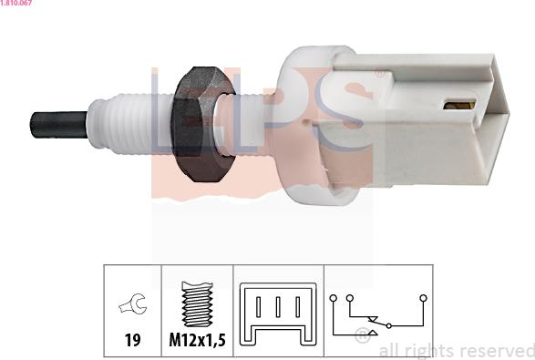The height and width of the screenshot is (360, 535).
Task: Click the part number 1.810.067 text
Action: [x=16, y=3]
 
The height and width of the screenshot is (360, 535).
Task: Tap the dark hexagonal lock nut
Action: [x=202, y=124]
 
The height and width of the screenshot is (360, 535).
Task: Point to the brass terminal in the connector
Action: [x=459, y=105]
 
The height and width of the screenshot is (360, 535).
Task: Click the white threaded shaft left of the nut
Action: [x=129, y=125]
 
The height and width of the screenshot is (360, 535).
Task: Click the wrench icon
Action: [x=133, y=303]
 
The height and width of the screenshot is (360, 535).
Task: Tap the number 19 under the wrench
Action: [x=133, y=340]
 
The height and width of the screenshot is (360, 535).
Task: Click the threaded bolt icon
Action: [x=197, y=303]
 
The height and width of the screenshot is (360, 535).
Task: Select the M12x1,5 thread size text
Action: [x=198, y=340]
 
